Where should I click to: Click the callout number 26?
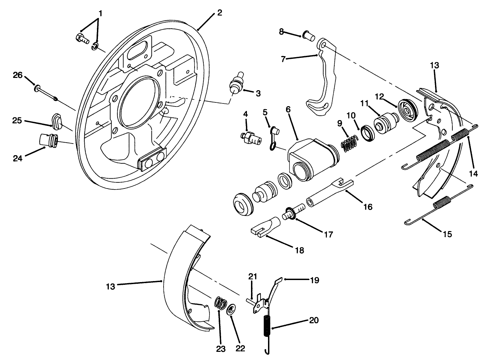pos(18,75)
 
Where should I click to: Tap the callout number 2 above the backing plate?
pos(219,13)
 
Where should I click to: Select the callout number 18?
pos(300,251)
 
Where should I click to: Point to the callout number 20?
pos(314,320)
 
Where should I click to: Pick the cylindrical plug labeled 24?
pos(48,140)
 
